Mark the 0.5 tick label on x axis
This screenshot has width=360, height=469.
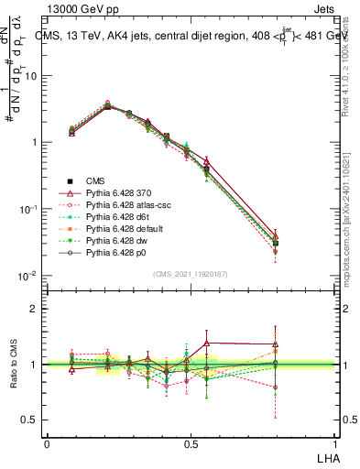pos(190,443)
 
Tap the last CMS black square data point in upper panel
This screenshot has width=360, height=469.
pos(300,244)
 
